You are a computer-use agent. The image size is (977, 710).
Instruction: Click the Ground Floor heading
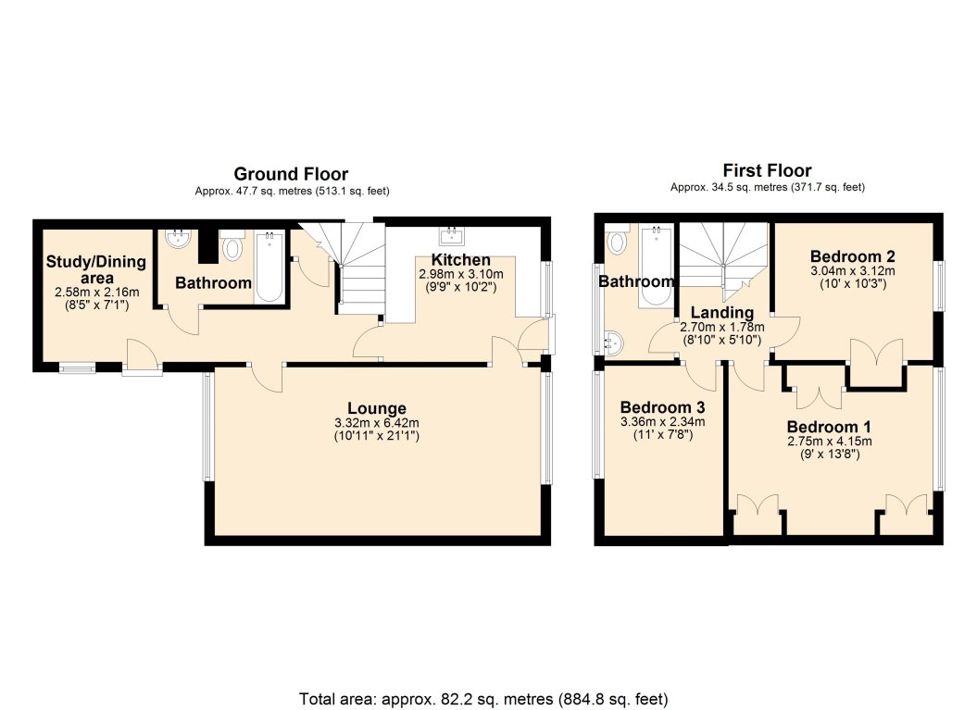click(291, 174)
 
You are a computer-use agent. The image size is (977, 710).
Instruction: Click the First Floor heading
click(767, 170)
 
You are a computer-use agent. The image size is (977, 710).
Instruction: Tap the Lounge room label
click(376, 408)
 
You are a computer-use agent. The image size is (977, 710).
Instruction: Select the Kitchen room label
click(461, 260)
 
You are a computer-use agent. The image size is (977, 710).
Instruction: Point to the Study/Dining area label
click(96, 269)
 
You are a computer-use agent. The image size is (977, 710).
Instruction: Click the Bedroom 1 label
click(829, 427)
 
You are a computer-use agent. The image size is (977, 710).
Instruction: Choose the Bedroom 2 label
click(852, 256)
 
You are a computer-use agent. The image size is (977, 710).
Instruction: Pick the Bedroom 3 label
click(662, 407)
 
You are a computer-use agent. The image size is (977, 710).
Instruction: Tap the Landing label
click(722, 312)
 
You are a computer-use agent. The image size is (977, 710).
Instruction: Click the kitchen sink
click(451, 235)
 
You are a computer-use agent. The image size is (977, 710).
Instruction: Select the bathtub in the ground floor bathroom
click(269, 267)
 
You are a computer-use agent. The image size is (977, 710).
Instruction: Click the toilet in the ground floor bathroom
click(232, 246)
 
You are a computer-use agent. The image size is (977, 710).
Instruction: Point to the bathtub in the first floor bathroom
click(656, 266)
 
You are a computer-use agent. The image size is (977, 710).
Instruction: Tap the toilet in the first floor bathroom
click(616, 241)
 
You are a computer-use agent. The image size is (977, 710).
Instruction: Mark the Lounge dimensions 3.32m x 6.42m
click(376, 423)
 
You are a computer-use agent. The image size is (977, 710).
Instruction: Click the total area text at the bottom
click(483, 700)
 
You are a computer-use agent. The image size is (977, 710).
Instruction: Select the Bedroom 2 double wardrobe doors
click(876, 353)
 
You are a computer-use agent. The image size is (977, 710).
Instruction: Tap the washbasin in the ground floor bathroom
click(179, 239)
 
